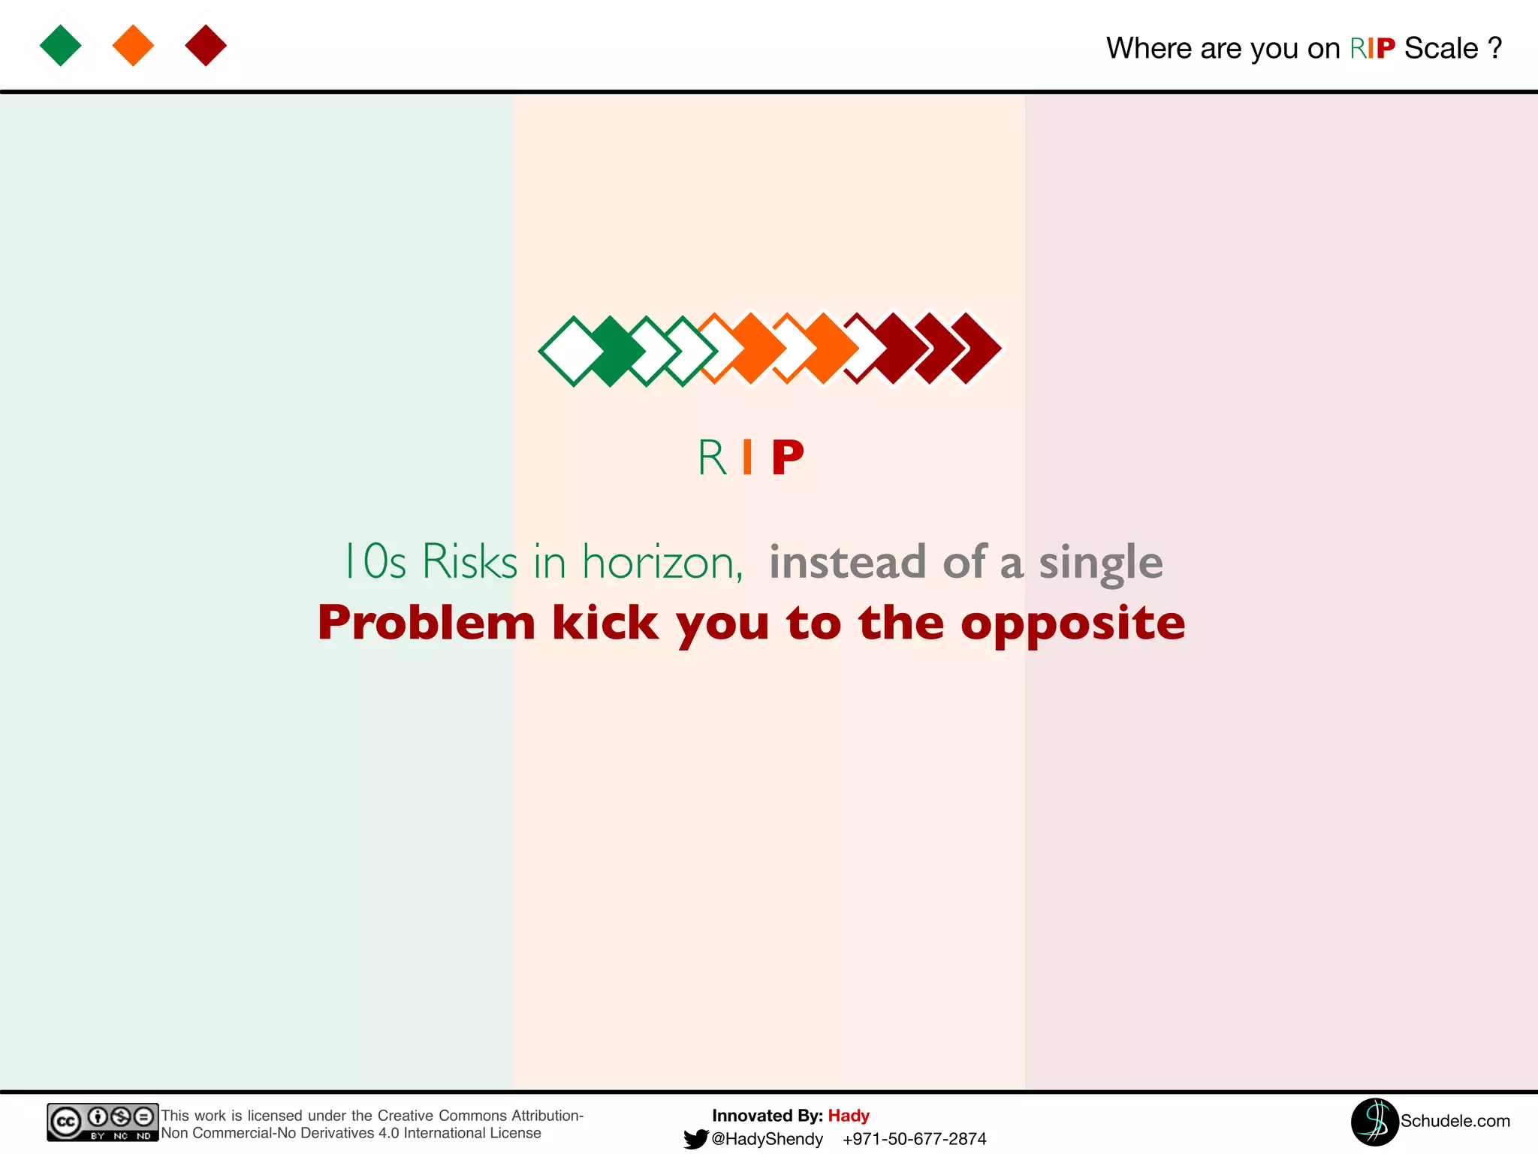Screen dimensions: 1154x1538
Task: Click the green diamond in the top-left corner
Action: click(61, 45)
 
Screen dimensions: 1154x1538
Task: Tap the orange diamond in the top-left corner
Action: click(133, 45)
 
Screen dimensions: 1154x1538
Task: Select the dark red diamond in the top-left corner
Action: click(206, 45)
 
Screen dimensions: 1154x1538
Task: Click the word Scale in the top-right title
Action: click(1440, 48)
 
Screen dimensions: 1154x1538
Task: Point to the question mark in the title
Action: click(1494, 48)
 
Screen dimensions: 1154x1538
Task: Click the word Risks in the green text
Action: click(469, 561)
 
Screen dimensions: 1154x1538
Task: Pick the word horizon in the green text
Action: click(662, 562)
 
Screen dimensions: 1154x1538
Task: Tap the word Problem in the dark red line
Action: click(426, 623)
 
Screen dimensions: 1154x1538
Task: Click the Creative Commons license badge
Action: click(102, 1122)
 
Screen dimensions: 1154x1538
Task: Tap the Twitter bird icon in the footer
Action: click(695, 1139)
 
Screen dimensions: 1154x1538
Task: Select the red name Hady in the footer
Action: click(849, 1116)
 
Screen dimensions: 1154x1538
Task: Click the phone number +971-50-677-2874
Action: click(914, 1139)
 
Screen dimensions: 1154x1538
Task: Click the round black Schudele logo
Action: click(1374, 1122)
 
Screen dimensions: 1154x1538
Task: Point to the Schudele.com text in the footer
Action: click(1455, 1121)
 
